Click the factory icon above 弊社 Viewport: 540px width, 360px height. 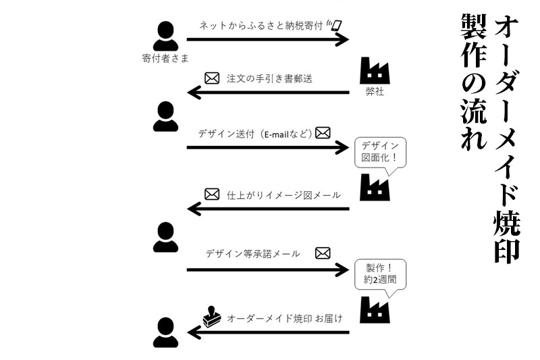pyautogui.click(x=374, y=70)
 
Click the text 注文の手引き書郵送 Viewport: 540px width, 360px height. pyautogui.click(x=269, y=78)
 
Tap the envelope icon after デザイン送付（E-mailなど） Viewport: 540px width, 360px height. pyautogui.click(x=323, y=132)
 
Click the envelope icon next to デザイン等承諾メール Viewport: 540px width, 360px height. pyautogui.click(x=323, y=253)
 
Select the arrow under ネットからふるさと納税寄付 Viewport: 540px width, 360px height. pyautogui.click(x=267, y=38)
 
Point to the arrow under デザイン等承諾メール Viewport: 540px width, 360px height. pyautogui.click(x=267, y=270)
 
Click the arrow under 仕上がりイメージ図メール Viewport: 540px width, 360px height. pyautogui.click(x=267, y=209)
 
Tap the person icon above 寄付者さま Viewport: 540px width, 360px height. pyautogui.click(x=165, y=36)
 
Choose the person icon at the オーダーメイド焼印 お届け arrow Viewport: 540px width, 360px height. pyautogui.click(x=165, y=331)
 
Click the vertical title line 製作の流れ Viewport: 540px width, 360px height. pyautogui.click(x=470, y=81)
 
